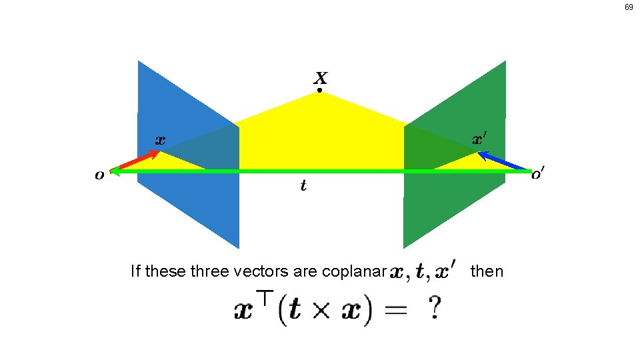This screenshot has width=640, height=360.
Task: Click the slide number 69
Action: (629, 7)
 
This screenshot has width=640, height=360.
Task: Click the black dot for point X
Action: (319, 90)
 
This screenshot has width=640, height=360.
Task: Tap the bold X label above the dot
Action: (320, 77)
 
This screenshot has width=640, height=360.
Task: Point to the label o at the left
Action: (99, 175)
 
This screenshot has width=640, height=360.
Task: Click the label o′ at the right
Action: (538, 175)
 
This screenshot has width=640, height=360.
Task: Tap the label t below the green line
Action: (303, 186)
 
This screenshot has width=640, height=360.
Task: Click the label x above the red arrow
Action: (160, 140)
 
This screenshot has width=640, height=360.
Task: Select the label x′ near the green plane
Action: (479, 139)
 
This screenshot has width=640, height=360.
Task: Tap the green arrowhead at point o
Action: (115, 171)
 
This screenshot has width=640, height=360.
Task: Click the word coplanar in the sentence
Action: (354, 271)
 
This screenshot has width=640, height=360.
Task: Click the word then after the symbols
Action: (487, 271)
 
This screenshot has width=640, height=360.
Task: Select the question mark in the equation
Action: (434, 309)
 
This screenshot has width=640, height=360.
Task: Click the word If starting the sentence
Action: (136, 271)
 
